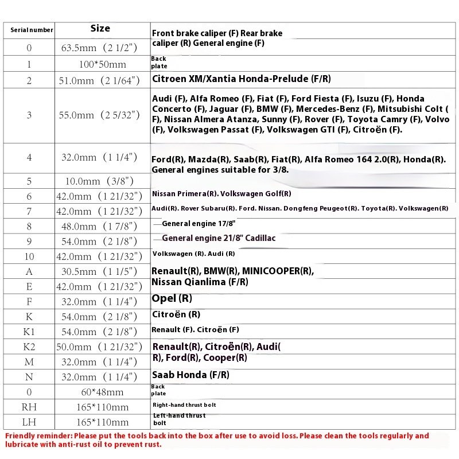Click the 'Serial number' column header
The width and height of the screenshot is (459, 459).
[32, 30]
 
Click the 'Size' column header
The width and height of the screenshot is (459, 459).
[100, 28]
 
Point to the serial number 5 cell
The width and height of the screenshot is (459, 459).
[29, 181]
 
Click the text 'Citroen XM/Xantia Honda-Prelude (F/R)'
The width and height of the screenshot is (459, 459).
[241, 79]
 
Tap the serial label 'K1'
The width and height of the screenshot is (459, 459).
[29, 332]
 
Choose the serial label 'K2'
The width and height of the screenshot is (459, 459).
[29, 347]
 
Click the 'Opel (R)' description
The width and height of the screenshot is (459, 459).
[172, 298]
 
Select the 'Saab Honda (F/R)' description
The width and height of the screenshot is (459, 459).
[190, 375]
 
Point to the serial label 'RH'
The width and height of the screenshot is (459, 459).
[29, 407]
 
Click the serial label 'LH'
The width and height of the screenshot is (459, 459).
[29, 422]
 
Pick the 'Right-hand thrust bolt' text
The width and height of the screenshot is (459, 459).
[184, 405]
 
